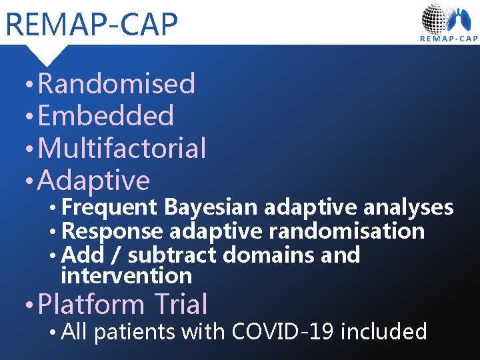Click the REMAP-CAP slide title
(91, 24)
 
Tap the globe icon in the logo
(437, 18)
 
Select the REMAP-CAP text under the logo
(448, 39)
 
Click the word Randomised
(117, 84)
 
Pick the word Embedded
(106, 116)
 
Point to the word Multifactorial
(122, 148)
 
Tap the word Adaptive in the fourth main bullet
(94, 180)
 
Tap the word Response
(111, 231)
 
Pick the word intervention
(126, 275)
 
